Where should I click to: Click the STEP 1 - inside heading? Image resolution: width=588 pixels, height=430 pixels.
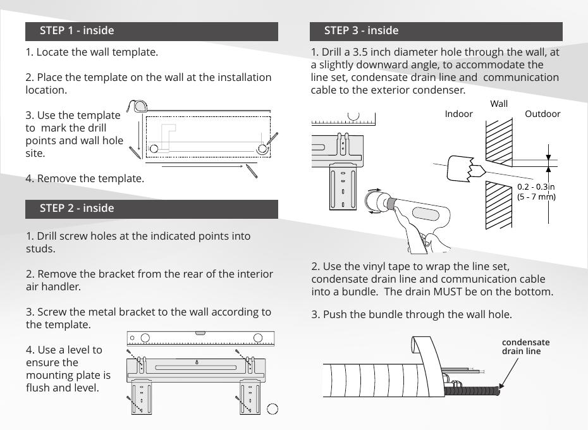click(77, 30)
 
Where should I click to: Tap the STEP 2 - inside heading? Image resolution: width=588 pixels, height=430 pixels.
click(77, 208)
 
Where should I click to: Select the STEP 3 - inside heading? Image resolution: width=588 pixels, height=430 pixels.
click(361, 30)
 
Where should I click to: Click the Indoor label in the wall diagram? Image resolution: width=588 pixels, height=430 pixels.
click(458, 114)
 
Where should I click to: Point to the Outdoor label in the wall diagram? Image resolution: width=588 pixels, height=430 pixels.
click(542, 114)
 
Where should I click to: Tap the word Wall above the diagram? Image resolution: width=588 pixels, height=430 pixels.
click(498, 104)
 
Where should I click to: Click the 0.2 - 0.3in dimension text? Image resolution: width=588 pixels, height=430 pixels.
click(536, 187)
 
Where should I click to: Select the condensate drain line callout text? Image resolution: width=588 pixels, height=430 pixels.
click(525, 347)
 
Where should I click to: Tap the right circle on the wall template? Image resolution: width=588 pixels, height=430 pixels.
click(262, 149)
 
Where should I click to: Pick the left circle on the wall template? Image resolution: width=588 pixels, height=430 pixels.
click(154, 149)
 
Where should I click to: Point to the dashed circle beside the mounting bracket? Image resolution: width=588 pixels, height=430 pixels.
click(273, 408)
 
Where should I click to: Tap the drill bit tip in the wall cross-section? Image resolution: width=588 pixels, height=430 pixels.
click(481, 170)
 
